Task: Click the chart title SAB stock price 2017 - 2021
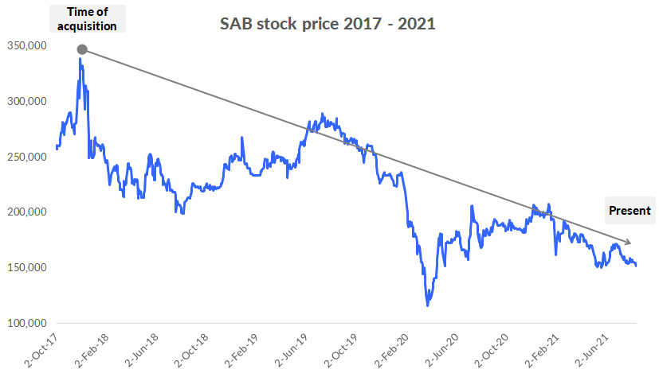(x=328, y=24)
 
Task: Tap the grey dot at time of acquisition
(x=81, y=50)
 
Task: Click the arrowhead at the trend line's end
(x=629, y=242)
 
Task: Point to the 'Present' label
(x=630, y=211)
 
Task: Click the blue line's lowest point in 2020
(x=428, y=305)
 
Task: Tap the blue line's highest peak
(x=80, y=59)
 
